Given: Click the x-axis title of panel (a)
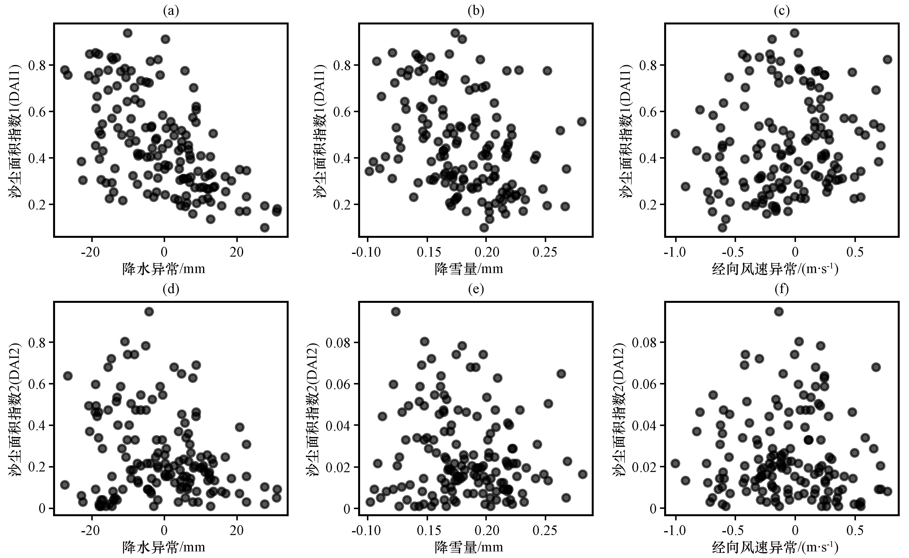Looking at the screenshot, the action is tap(164, 268).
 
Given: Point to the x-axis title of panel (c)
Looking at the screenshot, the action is tap(775, 268).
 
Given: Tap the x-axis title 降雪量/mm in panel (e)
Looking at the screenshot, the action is tap(469, 547).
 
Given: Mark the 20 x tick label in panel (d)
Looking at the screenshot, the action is tap(237, 530).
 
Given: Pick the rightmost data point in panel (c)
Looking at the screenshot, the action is tap(887, 59).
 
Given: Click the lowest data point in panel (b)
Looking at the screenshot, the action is tap(484, 228).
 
